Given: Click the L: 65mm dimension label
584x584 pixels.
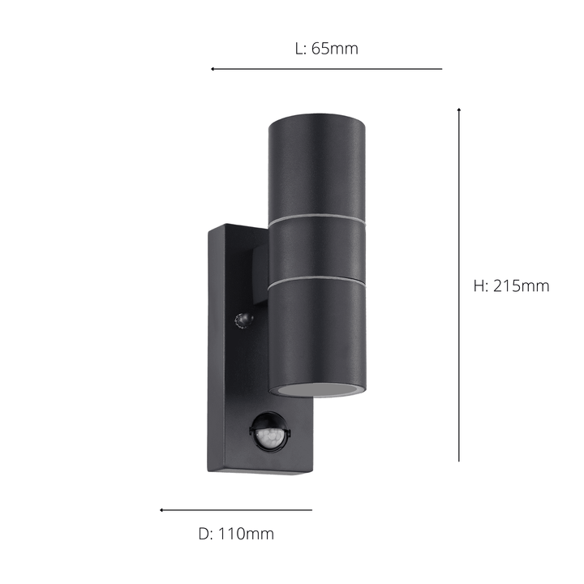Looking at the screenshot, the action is coord(326,49).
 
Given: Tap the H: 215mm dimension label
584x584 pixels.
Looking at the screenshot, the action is coord(511,286).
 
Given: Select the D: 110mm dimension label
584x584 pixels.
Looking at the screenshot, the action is coord(236,534).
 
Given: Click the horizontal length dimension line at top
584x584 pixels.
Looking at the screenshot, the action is coord(327,69).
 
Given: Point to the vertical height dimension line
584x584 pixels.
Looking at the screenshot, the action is coord(459,285).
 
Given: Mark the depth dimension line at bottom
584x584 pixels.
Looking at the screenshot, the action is coord(236,510).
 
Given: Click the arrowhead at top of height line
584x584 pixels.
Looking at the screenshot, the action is coord(459,109).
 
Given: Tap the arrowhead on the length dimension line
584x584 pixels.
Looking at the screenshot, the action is coord(213,69).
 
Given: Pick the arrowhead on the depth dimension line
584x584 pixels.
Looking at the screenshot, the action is coord(161,510).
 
